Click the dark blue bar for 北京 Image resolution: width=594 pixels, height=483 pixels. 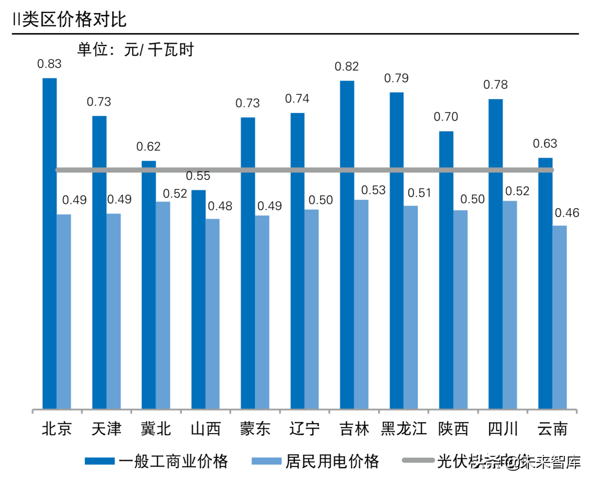49,243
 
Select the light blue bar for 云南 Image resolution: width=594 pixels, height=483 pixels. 559,317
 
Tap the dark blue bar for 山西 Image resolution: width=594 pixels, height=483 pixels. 198,300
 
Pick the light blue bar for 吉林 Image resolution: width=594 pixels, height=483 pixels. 361,304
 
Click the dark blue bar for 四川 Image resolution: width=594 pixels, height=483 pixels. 495,254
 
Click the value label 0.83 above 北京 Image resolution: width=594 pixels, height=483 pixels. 49,64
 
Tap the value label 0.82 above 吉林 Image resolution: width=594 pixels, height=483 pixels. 346,66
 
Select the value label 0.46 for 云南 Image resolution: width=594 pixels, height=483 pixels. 567,213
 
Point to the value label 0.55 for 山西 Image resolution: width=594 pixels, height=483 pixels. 198,176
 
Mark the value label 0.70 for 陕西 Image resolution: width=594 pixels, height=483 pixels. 445,117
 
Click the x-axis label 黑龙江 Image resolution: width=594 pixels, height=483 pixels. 404,429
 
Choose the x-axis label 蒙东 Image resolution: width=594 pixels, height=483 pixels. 255,429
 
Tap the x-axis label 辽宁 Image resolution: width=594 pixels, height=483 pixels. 304,429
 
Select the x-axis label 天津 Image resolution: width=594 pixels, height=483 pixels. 106,429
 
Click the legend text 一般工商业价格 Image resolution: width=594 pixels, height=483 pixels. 173,461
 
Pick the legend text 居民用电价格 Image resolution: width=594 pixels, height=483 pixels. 332,461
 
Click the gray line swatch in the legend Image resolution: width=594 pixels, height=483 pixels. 418,460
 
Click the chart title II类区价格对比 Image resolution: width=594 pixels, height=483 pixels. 69,19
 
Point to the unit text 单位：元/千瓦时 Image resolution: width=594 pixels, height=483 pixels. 135,50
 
